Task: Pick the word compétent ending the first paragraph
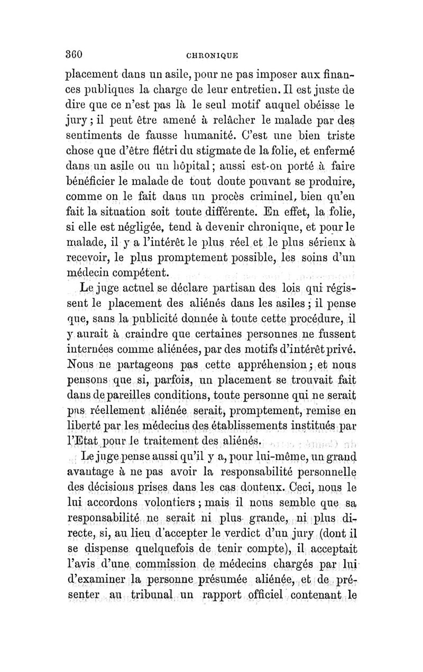(x=136, y=274)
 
